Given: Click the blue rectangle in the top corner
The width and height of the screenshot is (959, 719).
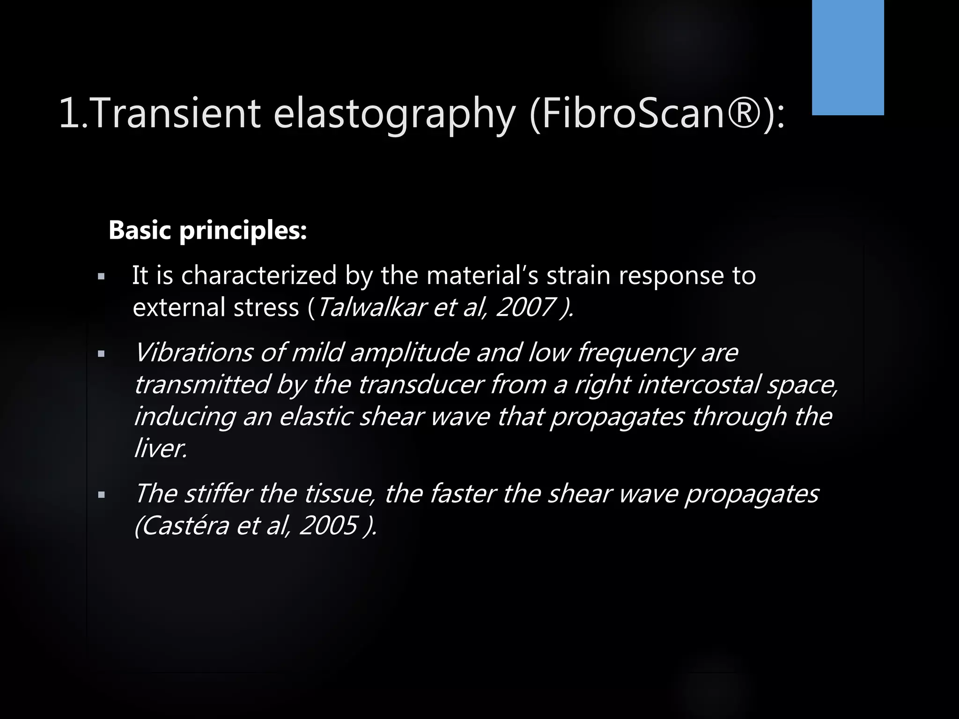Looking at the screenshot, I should click(x=848, y=57).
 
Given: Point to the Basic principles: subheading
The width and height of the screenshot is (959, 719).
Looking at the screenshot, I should click(x=207, y=230).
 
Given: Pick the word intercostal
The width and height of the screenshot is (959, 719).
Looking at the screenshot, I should click(x=698, y=384).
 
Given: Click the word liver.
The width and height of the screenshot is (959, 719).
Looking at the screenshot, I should click(x=160, y=448).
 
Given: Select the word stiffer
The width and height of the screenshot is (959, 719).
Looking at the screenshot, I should click(x=218, y=493).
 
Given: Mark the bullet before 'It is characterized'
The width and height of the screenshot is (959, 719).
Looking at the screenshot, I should click(x=101, y=277).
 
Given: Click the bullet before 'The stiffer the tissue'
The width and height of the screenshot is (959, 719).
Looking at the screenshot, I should click(x=101, y=495).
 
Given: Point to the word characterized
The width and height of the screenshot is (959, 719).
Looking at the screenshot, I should click(x=258, y=275).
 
